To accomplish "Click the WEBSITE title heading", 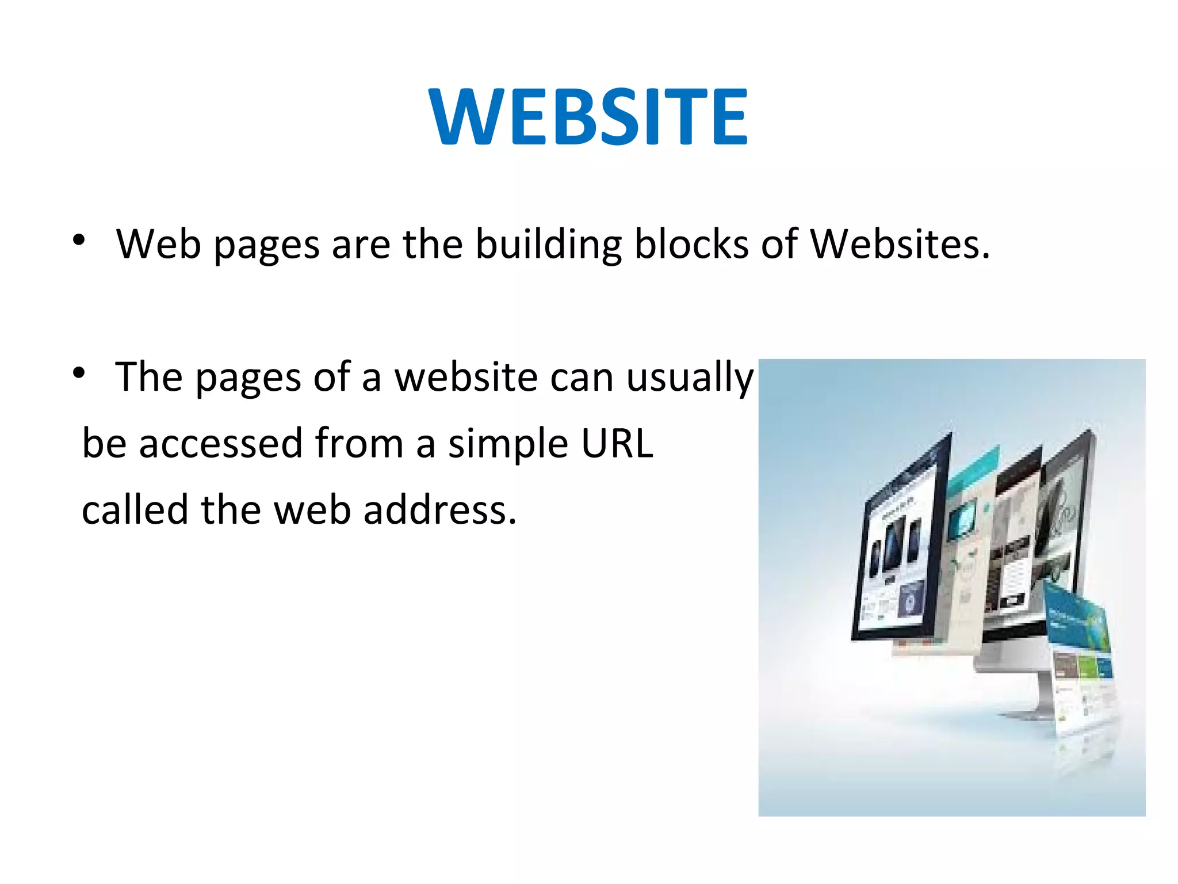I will click(x=588, y=117).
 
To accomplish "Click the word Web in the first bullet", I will click(x=159, y=244).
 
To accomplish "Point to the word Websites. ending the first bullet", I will click(x=900, y=244).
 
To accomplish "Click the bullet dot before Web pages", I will click(x=79, y=240).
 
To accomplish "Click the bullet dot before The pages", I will click(x=79, y=373).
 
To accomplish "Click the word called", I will click(x=135, y=510).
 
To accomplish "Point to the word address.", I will click(x=439, y=510).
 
